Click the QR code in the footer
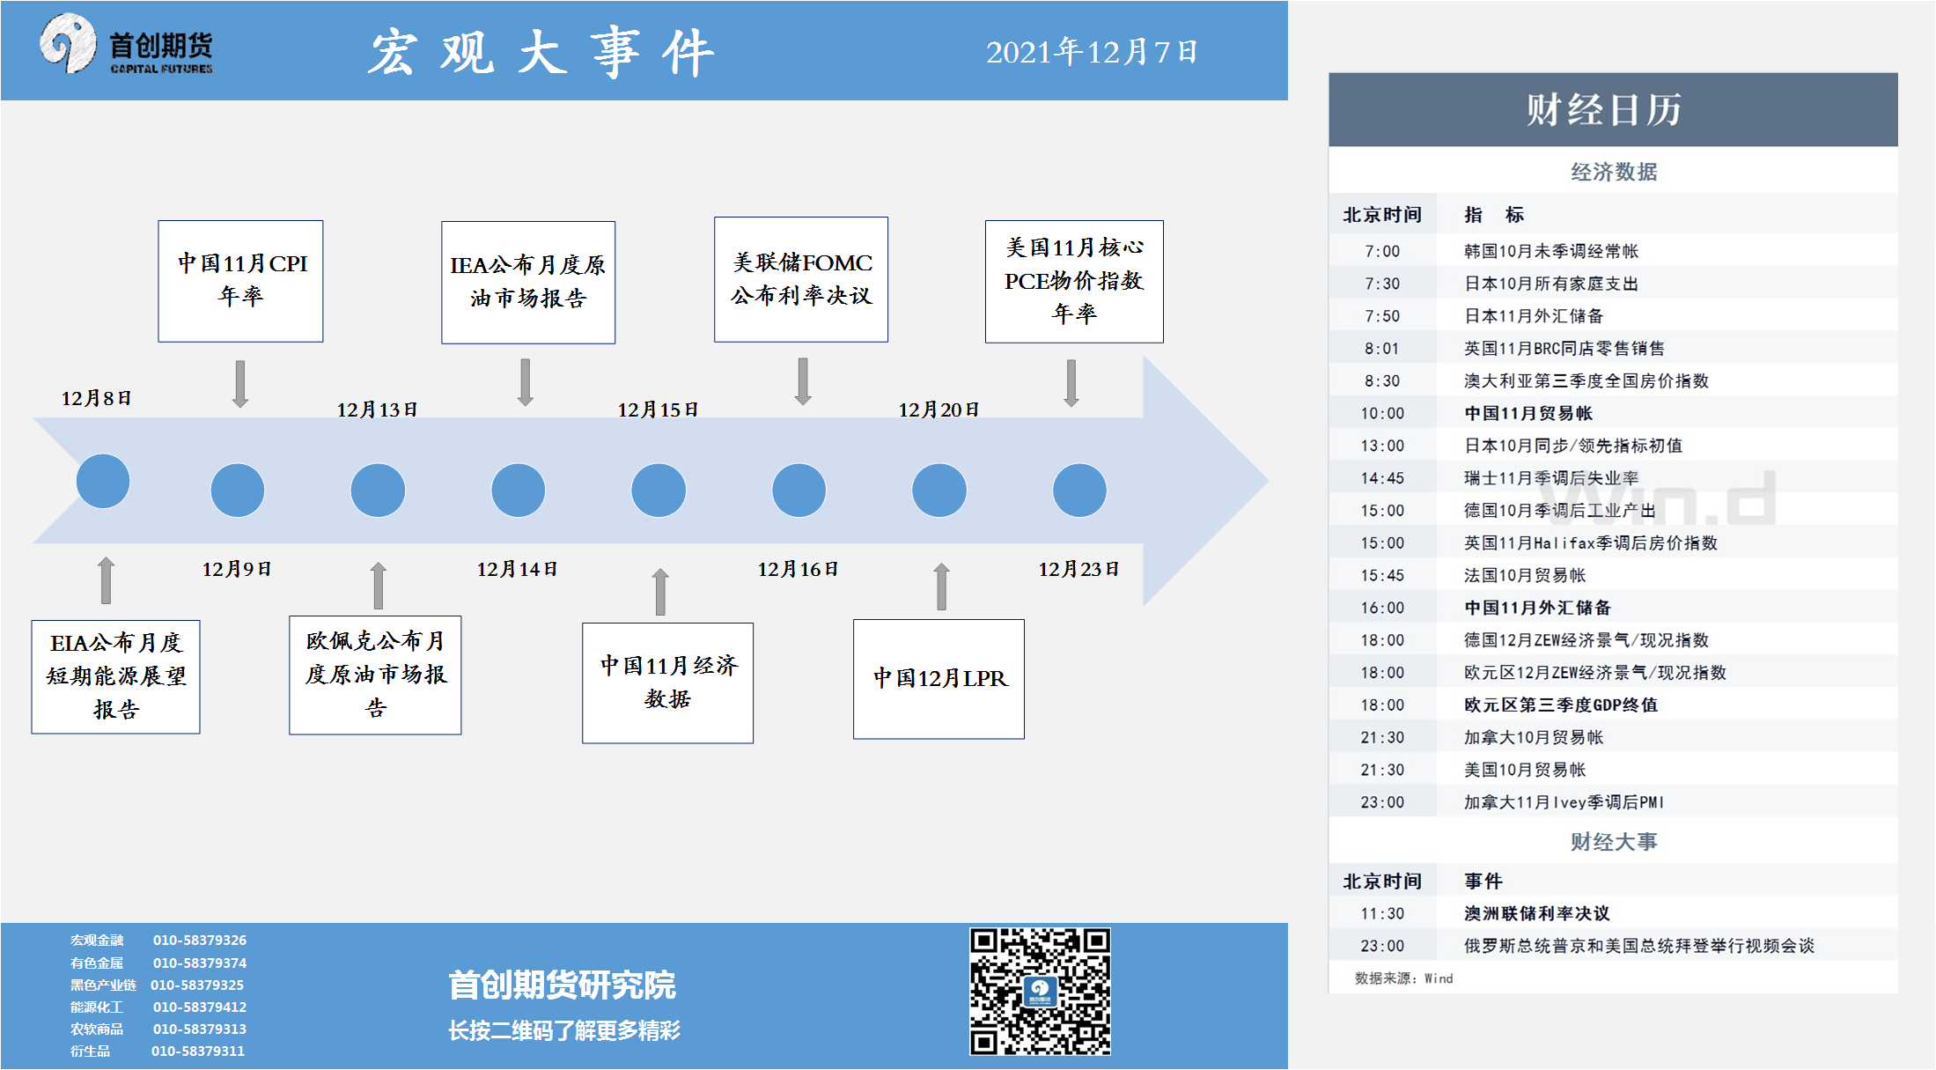(1040, 991)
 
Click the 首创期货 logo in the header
(126, 44)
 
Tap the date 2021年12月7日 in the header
(1092, 52)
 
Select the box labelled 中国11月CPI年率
(240, 281)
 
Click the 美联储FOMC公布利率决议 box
(801, 279)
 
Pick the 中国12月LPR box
(939, 679)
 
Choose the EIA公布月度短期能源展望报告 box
(115, 676)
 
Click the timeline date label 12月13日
(377, 410)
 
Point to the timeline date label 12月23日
(1078, 569)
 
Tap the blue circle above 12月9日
(238, 491)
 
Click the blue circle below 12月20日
(939, 491)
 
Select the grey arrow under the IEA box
(526, 382)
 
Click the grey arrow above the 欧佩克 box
(379, 586)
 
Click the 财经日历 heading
(1603, 110)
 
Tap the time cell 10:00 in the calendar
(1382, 413)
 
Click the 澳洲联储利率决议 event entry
(1536, 913)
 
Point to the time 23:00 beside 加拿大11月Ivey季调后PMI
(1382, 802)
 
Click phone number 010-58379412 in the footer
(200, 1007)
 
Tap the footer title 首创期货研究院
(562, 985)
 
